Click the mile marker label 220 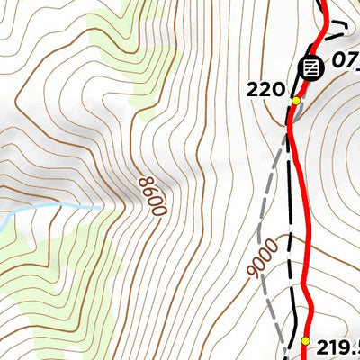(267, 90)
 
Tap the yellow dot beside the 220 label (295, 101)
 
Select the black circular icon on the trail (311, 68)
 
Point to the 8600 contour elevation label (152, 194)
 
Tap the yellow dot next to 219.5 (306, 342)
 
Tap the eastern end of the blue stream (100, 208)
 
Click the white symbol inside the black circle (311, 68)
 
